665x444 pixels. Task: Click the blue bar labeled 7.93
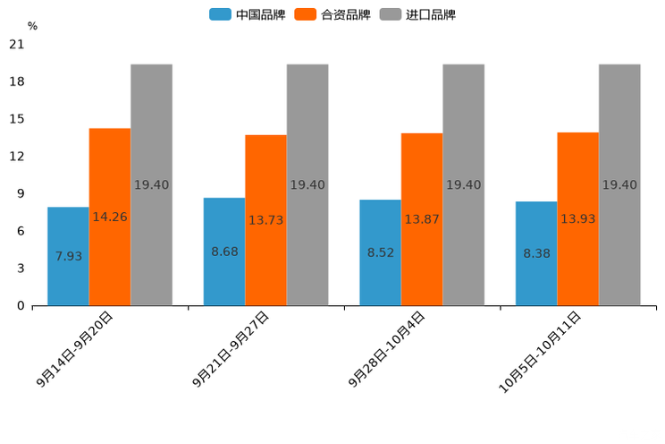point(68,256)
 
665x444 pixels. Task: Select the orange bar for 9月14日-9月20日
point(110,217)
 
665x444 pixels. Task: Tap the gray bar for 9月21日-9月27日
point(307,184)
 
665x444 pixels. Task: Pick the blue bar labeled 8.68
point(224,252)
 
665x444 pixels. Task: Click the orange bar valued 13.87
point(422,219)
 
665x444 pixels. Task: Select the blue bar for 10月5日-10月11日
point(536,253)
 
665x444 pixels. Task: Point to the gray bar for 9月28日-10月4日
point(463,184)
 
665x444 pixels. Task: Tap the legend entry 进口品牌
point(417,14)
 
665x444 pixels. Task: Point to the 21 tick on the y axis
point(16,44)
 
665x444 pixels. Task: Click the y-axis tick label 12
point(16,156)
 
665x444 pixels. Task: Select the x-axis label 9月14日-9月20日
point(75,349)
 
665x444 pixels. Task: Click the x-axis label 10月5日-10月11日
point(540,352)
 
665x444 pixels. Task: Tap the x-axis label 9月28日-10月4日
point(386,349)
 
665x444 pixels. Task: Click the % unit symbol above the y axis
point(32,26)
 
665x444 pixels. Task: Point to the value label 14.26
point(110,217)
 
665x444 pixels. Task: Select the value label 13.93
point(577,218)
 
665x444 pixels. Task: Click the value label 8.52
point(381,252)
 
